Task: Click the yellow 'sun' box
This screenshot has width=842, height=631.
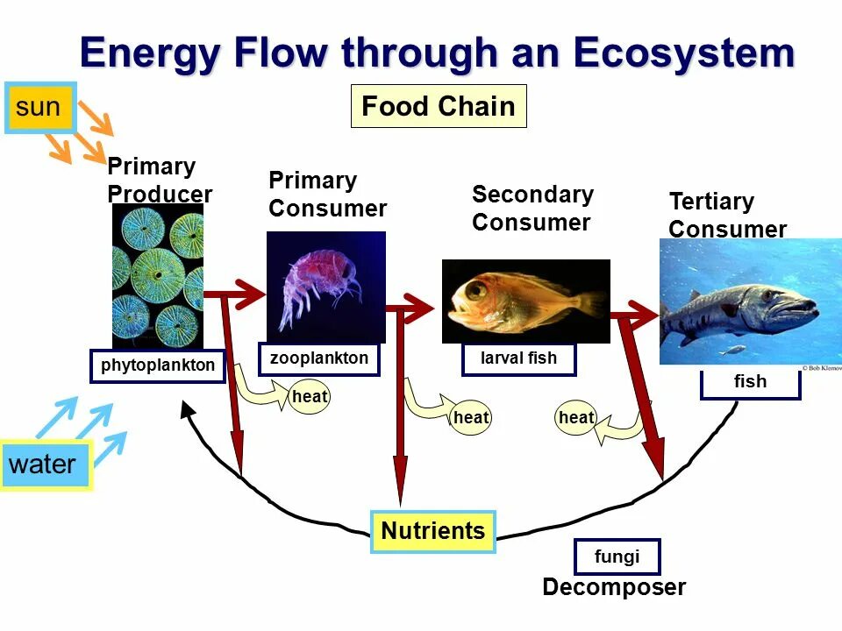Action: pyautogui.click(x=40, y=108)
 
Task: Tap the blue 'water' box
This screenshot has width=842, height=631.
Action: pyautogui.click(x=46, y=464)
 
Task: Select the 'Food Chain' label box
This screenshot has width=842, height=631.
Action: pyautogui.click(x=439, y=106)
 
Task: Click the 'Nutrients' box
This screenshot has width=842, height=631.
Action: pyautogui.click(x=433, y=531)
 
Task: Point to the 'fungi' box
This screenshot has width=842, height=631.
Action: pyautogui.click(x=617, y=557)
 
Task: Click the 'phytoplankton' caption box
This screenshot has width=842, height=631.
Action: pyautogui.click(x=158, y=366)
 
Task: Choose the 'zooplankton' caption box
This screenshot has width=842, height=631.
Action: pyautogui.click(x=319, y=358)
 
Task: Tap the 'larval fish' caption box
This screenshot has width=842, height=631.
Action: pyautogui.click(x=518, y=358)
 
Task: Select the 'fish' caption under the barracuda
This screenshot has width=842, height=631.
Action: pyautogui.click(x=750, y=382)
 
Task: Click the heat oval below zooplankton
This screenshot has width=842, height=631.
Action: pyautogui.click(x=310, y=397)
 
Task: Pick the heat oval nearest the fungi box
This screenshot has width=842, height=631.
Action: pyautogui.click(x=576, y=418)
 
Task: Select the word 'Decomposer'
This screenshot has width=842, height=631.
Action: pyautogui.click(x=614, y=587)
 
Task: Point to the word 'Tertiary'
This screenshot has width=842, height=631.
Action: pyautogui.click(x=711, y=202)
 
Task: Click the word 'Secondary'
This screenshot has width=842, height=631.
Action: pyautogui.click(x=532, y=195)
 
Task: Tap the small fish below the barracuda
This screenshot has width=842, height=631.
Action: pyautogui.click(x=732, y=350)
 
